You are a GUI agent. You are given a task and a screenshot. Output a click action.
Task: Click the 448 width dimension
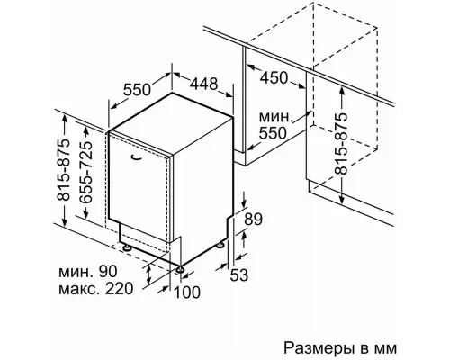coord(203,84)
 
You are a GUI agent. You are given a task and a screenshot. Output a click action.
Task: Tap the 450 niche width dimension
coord(274,78)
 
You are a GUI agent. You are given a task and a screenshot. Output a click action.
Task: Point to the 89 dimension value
coord(253,220)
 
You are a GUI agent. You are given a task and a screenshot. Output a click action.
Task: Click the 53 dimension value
coord(239,274)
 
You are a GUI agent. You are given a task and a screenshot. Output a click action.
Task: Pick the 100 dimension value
coord(187,292)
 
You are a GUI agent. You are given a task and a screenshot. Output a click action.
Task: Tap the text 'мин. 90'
coord(87,272)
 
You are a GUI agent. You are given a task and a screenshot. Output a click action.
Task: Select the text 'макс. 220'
coord(95,289)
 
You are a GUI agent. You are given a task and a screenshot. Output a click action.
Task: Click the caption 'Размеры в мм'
coord(340,348)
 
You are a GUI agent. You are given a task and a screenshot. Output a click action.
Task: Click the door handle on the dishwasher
coord(137,157)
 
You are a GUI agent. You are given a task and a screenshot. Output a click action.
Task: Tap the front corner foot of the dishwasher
coord(180,269)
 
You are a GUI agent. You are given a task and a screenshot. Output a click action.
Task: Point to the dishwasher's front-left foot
coord(127,248)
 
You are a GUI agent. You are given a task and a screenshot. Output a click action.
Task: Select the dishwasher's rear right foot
coord(221,245)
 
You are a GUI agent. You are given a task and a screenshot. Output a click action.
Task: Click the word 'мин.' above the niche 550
coord(275,117)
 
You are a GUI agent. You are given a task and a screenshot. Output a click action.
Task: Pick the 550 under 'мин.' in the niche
coord(273,133)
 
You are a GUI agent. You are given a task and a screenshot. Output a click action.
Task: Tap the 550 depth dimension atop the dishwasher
coord(137,89)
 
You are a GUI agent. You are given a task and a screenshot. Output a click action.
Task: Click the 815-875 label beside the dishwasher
coord(63,170)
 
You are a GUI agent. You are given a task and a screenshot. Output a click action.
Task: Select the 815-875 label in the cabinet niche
coord(341,143)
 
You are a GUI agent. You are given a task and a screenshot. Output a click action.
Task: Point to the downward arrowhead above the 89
coord(245,203)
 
